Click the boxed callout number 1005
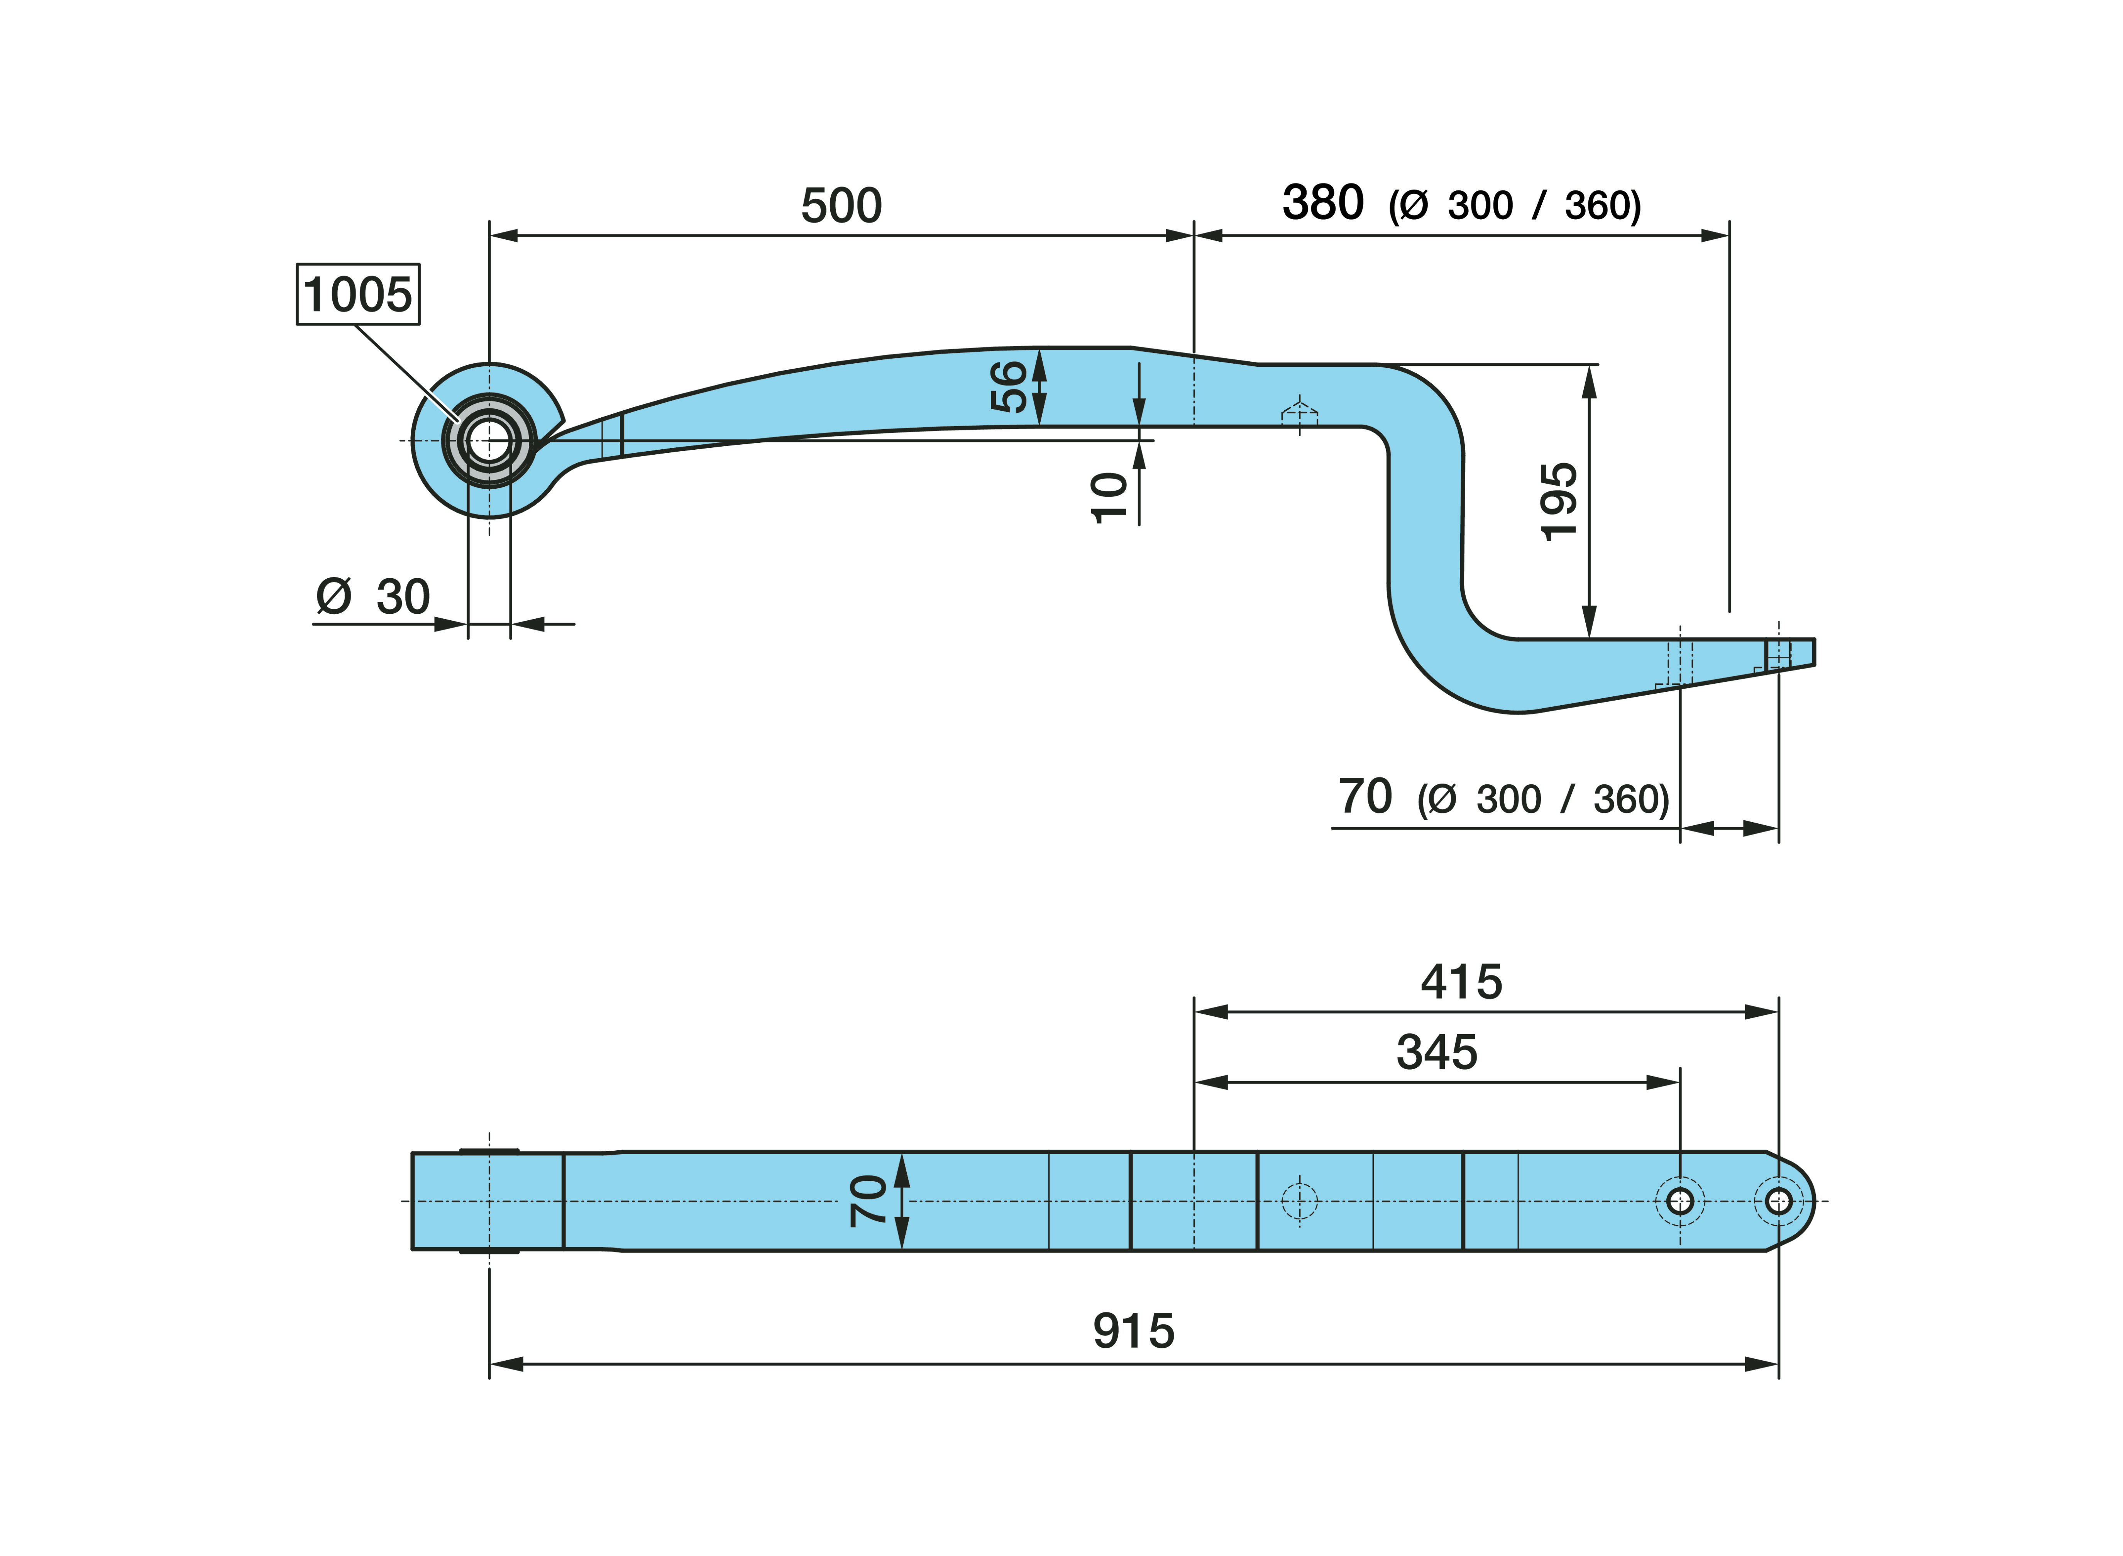(x=358, y=295)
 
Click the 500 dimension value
(x=841, y=205)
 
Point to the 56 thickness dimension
(x=1009, y=386)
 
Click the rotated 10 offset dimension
(x=1109, y=497)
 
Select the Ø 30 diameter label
(x=373, y=596)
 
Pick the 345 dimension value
(x=1437, y=1052)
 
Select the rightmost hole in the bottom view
(x=1778, y=1201)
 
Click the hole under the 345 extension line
(x=1680, y=1201)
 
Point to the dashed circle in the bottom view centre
(x=1300, y=1201)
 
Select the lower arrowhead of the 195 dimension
(x=1590, y=621)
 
